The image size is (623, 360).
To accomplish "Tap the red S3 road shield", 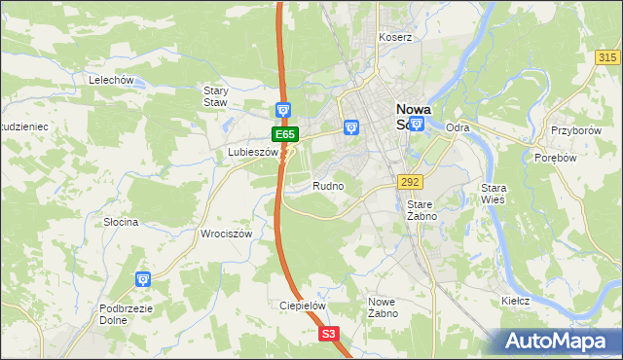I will click(x=330, y=334).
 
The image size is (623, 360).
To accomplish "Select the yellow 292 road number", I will click(x=409, y=181).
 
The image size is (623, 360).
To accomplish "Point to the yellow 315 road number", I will click(x=606, y=58).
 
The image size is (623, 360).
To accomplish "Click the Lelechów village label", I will click(x=110, y=80).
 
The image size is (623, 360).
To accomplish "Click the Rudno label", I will click(x=328, y=185).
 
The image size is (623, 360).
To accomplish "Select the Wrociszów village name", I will click(x=227, y=234).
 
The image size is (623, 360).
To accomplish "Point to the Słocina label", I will click(x=122, y=222).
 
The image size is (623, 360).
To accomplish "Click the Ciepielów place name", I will click(x=302, y=305).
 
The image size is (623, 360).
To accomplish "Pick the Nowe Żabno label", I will click(x=382, y=307).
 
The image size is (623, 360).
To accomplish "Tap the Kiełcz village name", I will click(x=515, y=301).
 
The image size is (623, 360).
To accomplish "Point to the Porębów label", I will click(x=558, y=158).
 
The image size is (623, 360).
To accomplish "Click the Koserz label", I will click(x=396, y=37).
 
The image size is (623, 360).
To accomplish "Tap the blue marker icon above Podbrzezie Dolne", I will click(x=143, y=280).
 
